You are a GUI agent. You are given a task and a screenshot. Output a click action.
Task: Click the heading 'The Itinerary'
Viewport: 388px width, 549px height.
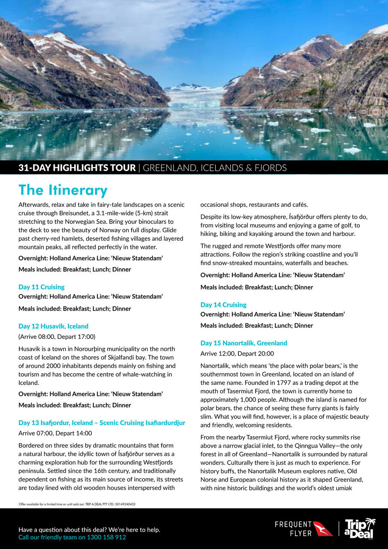(x=63, y=190)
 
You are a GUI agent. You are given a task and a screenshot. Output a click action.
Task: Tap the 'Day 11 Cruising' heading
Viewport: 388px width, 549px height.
(x=42, y=287)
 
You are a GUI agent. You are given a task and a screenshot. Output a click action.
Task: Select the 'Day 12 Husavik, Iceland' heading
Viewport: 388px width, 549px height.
(x=53, y=326)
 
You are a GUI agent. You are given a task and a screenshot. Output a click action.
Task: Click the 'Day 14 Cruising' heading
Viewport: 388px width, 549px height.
(x=223, y=305)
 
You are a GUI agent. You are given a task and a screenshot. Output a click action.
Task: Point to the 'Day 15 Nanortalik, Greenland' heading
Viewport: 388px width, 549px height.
(x=244, y=343)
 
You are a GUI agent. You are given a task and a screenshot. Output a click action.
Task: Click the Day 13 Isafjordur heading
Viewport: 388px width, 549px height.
(x=102, y=422)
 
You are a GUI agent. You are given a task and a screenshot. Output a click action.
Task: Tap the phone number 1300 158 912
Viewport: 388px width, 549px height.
(x=106, y=537)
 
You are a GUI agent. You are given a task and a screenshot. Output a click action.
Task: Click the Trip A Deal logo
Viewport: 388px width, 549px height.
(x=359, y=528)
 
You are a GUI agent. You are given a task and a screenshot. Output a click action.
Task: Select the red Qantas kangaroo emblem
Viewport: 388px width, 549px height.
(x=323, y=528)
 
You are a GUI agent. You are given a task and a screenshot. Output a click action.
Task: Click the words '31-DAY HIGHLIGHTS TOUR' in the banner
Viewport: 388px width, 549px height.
(x=77, y=168)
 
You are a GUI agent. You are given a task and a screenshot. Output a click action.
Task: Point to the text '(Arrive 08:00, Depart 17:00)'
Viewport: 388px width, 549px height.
(x=57, y=337)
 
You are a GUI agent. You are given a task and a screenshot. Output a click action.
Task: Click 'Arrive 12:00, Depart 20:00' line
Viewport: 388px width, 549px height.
(x=237, y=354)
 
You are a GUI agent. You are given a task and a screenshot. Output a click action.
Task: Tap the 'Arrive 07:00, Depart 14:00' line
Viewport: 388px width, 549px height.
(x=55, y=433)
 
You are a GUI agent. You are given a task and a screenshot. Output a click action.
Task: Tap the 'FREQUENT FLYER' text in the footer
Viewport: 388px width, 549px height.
(x=293, y=528)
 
